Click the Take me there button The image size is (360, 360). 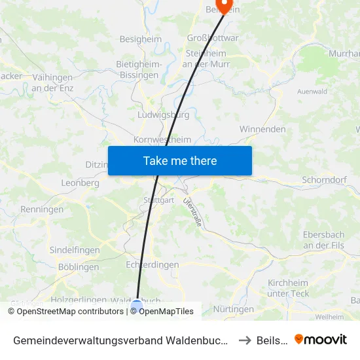[x=180, y=160]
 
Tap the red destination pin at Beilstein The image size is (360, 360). [x=224, y=5]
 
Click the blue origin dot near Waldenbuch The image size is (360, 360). [x=137, y=305]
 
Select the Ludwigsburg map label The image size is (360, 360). [x=164, y=115]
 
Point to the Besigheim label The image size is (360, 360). [x=140, y=39]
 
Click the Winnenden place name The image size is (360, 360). [x=262, y=129]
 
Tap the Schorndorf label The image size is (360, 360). [x=324, y=179]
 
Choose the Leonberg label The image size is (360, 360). [x=80, y=183]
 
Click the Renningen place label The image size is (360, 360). [x=42, y=209]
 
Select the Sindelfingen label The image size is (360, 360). [x=75, y=250]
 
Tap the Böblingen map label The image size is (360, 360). [x=79, y=267]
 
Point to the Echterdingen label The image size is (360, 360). [x=152, y=265]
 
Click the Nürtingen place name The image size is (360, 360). [x=234, y=309]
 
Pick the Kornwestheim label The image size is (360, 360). [x=162, y=139]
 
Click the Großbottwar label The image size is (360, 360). [x=213, y=38]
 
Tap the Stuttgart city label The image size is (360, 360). [x=158, y=200]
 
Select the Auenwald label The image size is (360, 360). [x=312, y=92]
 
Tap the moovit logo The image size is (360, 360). [x=321, y=340]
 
